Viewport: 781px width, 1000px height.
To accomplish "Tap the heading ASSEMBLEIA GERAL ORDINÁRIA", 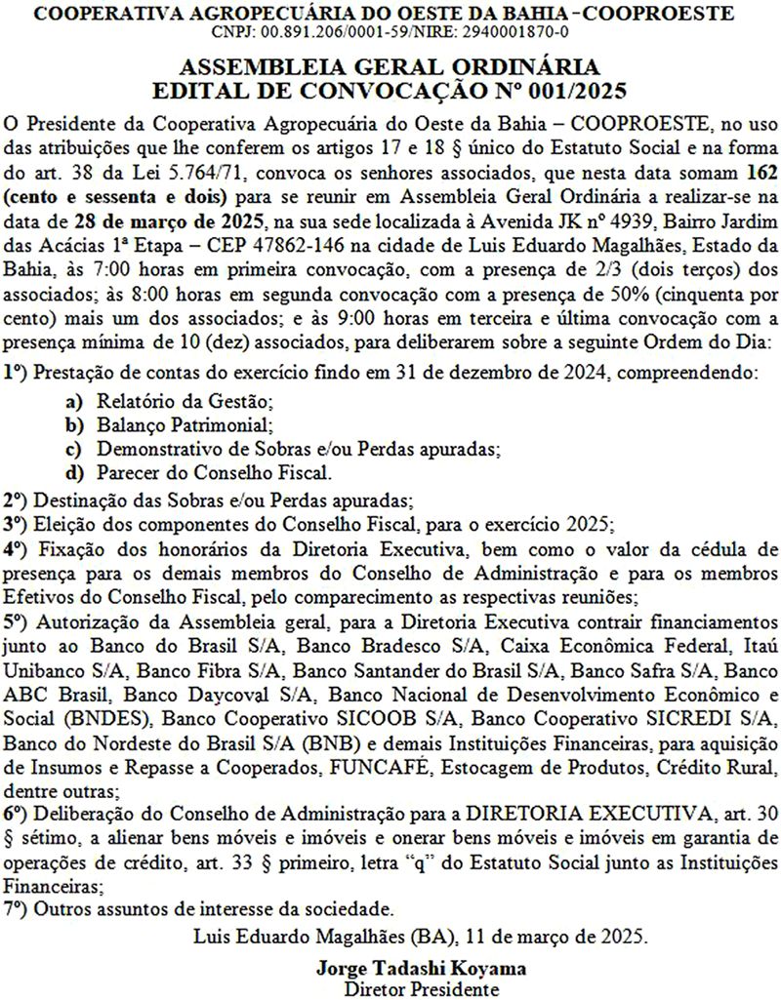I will coord(390,67).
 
